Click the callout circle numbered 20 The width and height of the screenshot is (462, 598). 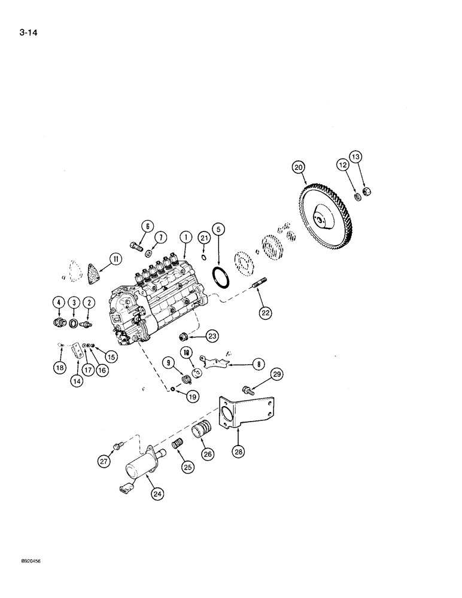point(299,168)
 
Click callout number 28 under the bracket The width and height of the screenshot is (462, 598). point(239,452)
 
